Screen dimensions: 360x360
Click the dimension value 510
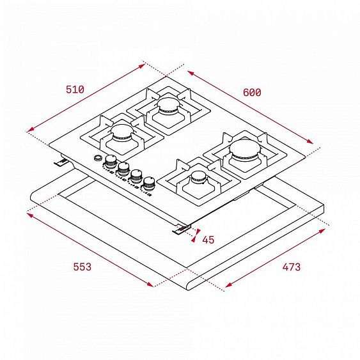tap(75, 90)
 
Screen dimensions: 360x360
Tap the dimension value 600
tap(252, 92)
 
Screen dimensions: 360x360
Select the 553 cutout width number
tap(82, 266)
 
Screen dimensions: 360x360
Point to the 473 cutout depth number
tap(291, 267)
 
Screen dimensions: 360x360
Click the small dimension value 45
tap(208, 240)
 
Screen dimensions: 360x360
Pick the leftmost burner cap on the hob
tap(121, 132)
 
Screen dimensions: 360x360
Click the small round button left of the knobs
tap(97, 158)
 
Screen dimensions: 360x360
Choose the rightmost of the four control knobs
tap(150, 182)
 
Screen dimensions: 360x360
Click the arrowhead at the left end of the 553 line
tap(27, 214)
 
